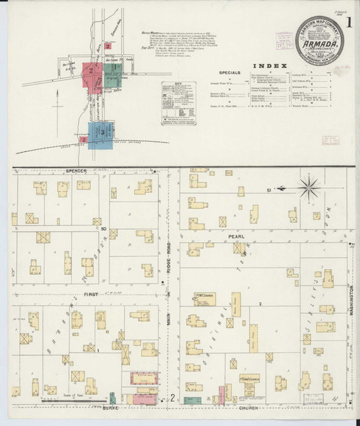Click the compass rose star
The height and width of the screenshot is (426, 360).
(310, 187)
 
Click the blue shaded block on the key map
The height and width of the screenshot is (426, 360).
(99, 133)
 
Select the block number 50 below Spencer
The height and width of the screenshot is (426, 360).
(103, 229)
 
